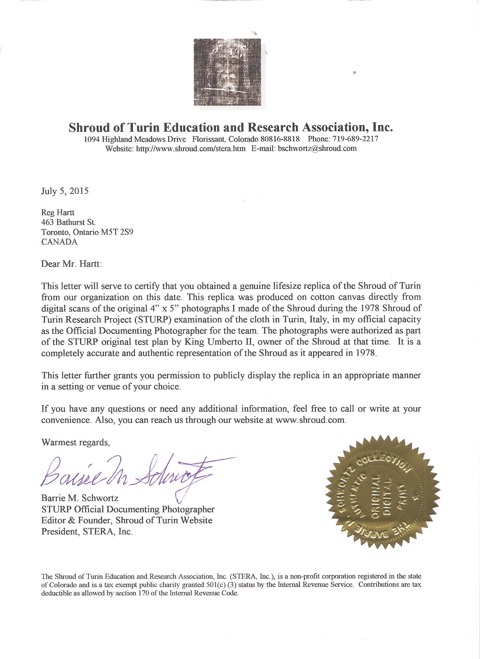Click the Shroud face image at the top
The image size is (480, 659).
[x=231, y=72]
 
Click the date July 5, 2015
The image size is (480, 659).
[x=65, y=191]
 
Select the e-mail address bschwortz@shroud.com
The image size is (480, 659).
[x=317, y=148]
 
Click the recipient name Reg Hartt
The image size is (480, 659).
[x=58, y=212]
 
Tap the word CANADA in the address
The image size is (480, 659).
[x=59, y=242]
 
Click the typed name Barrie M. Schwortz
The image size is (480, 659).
[x=80, y=498]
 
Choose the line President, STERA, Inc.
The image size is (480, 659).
[x=87, y=531]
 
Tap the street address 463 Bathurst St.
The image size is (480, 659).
[x=69, y=222]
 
